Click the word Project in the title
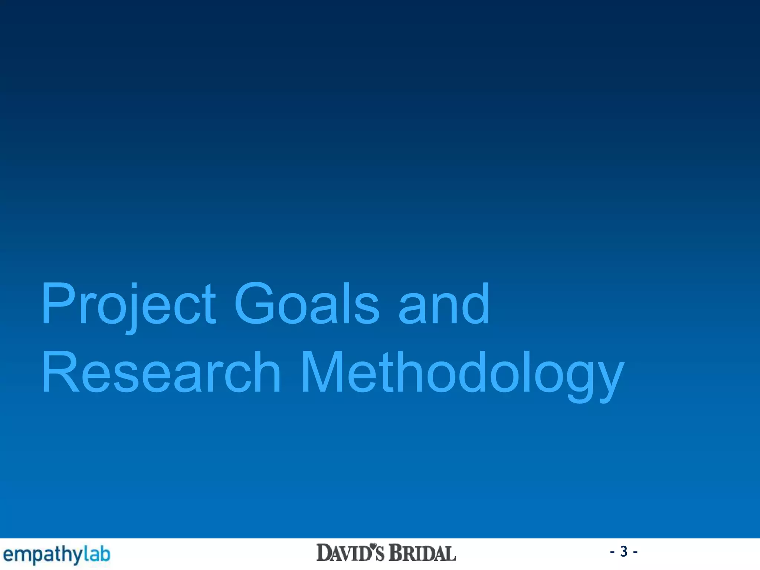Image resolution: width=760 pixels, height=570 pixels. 128,304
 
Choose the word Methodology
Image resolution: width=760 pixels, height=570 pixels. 462,373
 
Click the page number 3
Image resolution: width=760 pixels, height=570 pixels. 624,551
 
